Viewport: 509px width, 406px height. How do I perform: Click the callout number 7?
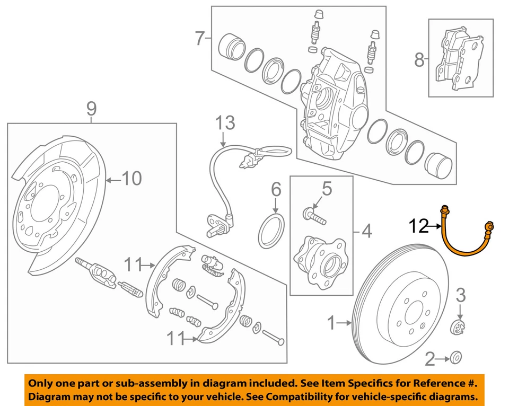[199, 39]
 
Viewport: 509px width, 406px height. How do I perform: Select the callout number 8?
[419, 60]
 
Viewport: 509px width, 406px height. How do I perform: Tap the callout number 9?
[91, 109]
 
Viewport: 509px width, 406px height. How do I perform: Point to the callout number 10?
[132, 179]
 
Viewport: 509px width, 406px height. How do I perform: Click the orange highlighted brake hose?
[456, 241]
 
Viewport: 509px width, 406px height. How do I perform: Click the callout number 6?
[275, 188]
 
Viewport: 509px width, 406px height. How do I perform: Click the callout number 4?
[366, 231]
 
